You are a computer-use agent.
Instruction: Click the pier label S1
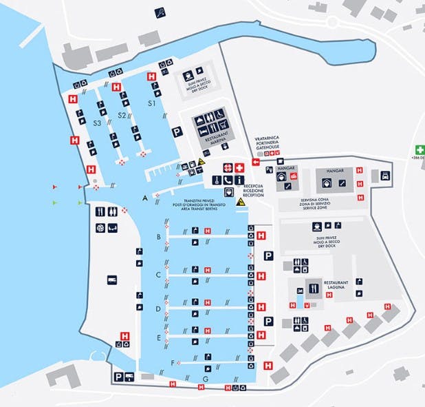click(153, 103)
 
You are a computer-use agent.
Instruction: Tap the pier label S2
click(122, 114)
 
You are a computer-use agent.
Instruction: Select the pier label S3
click(98, 122)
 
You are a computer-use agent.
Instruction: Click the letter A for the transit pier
click(144, 198)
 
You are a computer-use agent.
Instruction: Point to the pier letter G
click(205, 378)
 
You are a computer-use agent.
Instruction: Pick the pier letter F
click(172, 362)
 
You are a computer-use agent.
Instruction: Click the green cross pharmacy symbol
click(419, 149)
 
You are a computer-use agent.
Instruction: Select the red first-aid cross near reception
click(239, 167)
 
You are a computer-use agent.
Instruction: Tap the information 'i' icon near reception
click(239, 180)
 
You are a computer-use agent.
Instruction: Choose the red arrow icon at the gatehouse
click(256, 162)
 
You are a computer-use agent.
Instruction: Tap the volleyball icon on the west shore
click(100, 227)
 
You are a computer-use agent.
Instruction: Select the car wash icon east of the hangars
click(386, 175)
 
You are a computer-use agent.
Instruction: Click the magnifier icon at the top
click(160, 10)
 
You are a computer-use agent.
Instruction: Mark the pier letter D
click(158, 309)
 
